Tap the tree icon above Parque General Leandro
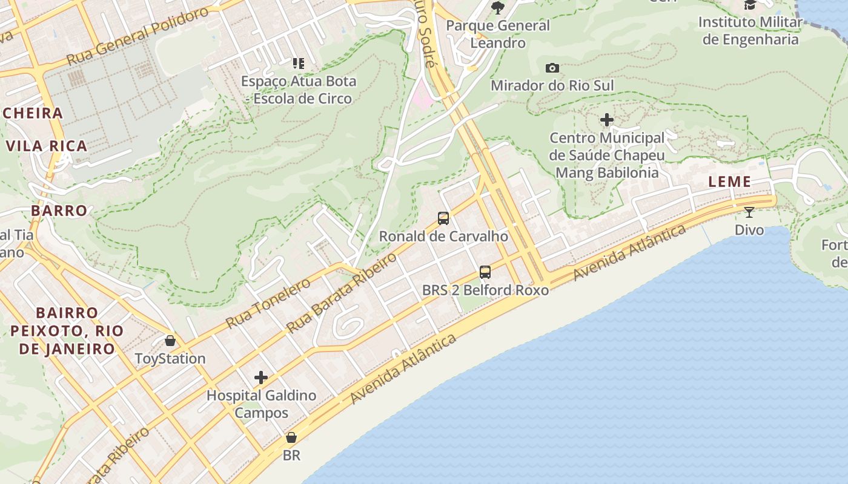(498, 7)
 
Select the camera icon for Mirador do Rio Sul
(552, 68)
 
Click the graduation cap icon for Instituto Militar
(750, 5)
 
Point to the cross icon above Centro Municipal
(607, 120)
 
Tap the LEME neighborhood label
(730, 181)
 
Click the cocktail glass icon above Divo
(749, 212)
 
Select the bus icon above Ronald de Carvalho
(443, 218)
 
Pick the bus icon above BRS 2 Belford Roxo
(485, 272)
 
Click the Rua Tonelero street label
(268, 304)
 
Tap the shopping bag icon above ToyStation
(170, 341)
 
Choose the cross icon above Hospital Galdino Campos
(261, 378)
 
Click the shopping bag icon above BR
(291, 437)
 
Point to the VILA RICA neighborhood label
(47, 146)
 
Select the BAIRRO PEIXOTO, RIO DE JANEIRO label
(67, 331)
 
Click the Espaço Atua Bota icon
(298, 63)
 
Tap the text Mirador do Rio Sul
(552, 85)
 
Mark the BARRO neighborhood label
(59, 211)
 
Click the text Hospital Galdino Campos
(261, 404)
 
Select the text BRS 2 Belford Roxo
(485, 290)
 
